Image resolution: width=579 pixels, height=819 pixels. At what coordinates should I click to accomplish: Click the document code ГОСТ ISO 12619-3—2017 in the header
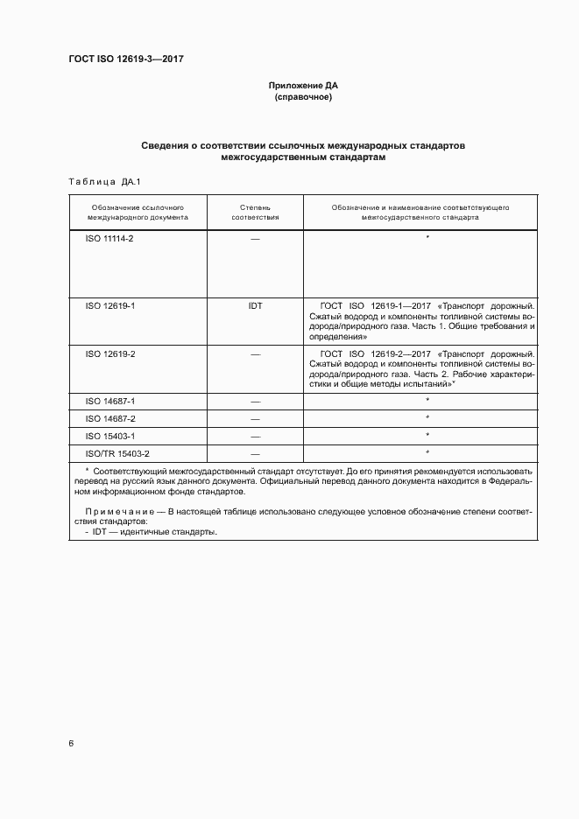tap(125, 59)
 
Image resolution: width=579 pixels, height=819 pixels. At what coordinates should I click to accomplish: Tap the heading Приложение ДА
tap(302, 86)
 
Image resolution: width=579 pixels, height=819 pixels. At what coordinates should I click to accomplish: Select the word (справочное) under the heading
tap(302, 97)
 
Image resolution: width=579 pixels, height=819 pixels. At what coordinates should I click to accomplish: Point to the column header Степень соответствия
tap(255, 212)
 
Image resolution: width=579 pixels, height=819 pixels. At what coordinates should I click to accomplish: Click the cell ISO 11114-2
tap(109, 239)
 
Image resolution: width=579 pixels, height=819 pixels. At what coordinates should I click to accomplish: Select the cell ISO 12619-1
tap(109, 306)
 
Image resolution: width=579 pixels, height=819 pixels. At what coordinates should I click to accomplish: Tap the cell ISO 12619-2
tap(109, 354)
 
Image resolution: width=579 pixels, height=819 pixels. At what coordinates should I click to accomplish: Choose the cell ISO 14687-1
tap(109, 401)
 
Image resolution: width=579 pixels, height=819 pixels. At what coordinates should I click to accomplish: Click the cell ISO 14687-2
tap(109, 418)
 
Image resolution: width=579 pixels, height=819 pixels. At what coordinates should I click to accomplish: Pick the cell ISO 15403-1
tap(109, 436)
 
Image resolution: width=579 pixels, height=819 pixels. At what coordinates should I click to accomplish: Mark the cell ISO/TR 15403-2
tap(117, 453)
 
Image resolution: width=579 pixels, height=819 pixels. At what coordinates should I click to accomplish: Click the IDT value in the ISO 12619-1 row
tap(255, 306)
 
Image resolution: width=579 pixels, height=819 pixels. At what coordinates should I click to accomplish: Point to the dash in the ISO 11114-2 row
tap(255, 239)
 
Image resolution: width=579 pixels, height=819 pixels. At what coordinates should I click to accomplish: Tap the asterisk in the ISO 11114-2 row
tap(427, 238)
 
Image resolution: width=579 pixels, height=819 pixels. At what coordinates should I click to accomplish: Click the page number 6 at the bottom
tap(71, 744)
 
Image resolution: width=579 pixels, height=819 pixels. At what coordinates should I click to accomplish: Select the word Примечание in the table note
tap(121, 508)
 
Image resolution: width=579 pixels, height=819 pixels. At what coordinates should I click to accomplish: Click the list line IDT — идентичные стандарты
tap(153, 532)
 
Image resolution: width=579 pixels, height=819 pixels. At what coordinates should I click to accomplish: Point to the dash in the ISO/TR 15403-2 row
tap(255, 454)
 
